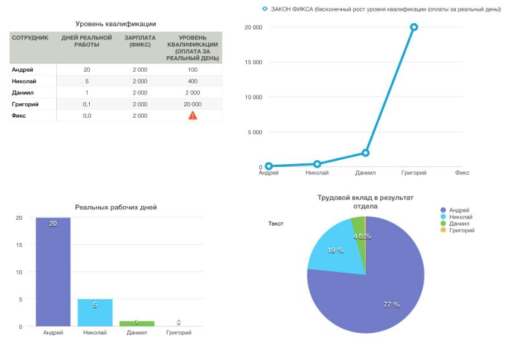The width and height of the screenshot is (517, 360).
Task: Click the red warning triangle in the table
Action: coord(193,115)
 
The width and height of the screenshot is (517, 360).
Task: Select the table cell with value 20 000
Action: coord(193,104)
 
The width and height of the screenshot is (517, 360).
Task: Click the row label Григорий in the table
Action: coord(25,104)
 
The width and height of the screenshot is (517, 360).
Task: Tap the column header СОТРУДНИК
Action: coord(30,37)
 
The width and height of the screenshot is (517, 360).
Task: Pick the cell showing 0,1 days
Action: coord(87,104)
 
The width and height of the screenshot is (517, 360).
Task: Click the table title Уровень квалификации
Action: coord(116,24)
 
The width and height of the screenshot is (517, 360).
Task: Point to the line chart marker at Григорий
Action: coord(414,27)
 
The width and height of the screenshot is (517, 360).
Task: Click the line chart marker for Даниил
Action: coord(366,153)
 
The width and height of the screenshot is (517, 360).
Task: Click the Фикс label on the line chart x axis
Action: coord(461,173)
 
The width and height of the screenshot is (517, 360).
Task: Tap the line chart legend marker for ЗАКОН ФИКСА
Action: coord(264,8)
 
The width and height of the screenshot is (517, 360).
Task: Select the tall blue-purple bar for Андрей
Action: coord(53,271)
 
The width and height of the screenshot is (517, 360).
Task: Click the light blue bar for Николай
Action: coord(95,312)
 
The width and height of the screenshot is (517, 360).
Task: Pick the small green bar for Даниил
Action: coord(136,323)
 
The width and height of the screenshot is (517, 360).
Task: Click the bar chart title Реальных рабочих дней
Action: coord(116,207)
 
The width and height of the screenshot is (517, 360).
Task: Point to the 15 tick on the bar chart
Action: coord(19,245)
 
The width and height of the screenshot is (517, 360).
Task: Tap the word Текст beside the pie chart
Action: coord(275,224)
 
